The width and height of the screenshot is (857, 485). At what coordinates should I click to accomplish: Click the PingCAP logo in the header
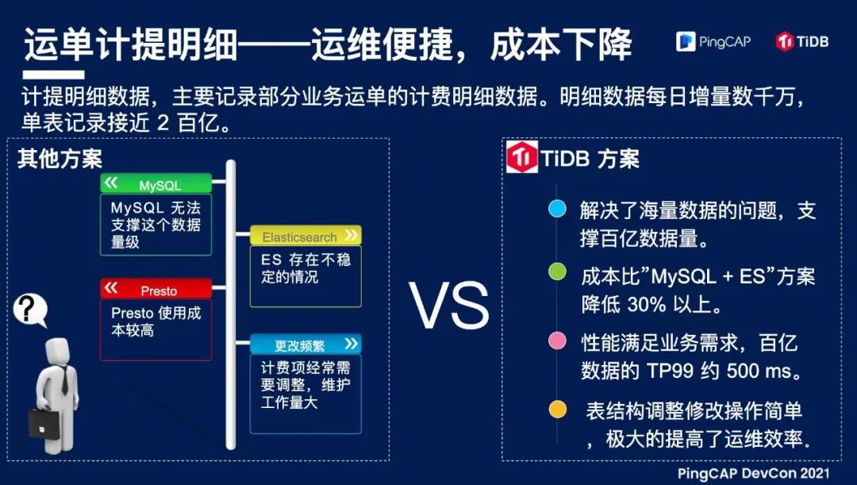tap(713, 41)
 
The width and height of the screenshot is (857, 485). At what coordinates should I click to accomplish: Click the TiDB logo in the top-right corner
tap(801, 41)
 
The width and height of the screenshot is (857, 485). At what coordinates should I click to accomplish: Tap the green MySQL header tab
tap(156, 183)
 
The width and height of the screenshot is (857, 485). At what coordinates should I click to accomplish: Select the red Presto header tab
tap(156, 289)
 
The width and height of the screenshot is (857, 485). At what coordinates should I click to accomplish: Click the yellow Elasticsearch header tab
tap(306, 236)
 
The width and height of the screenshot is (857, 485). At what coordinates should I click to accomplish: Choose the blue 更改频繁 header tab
tap(306, 344)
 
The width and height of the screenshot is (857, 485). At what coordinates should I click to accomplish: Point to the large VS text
tap(448, 305)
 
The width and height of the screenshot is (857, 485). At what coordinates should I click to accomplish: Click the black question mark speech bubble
tap(30, 310)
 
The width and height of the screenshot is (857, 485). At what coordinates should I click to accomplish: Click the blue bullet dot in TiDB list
tap(557, 208)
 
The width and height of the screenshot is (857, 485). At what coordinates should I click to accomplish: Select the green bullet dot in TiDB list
tap(557, 271)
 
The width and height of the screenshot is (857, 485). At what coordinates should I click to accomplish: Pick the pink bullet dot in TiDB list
tap(557, 341)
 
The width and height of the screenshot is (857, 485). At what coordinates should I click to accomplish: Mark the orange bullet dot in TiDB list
tap(558, 409)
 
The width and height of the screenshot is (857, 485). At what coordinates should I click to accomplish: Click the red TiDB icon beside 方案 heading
tap(522, 157)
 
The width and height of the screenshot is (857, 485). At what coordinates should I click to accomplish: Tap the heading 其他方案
tap(60, 159)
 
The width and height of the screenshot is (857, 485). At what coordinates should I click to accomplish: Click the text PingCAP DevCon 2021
tap(754, 473)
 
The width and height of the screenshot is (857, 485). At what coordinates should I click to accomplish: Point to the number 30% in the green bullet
tap(647, 305)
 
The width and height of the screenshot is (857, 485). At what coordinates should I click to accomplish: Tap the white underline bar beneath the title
tap(54, 75)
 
